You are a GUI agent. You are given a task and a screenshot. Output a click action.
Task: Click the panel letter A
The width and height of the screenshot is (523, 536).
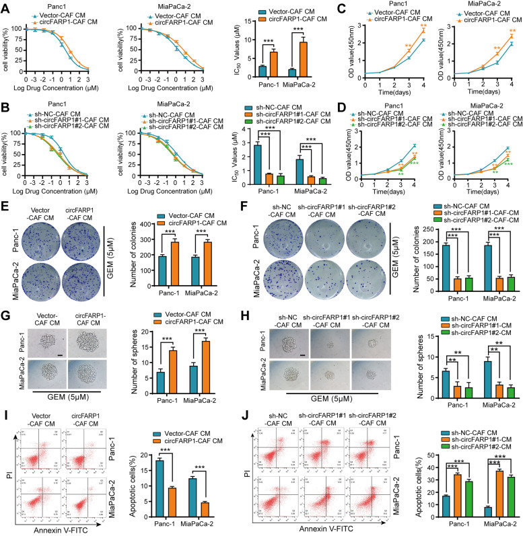click(6, 7)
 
